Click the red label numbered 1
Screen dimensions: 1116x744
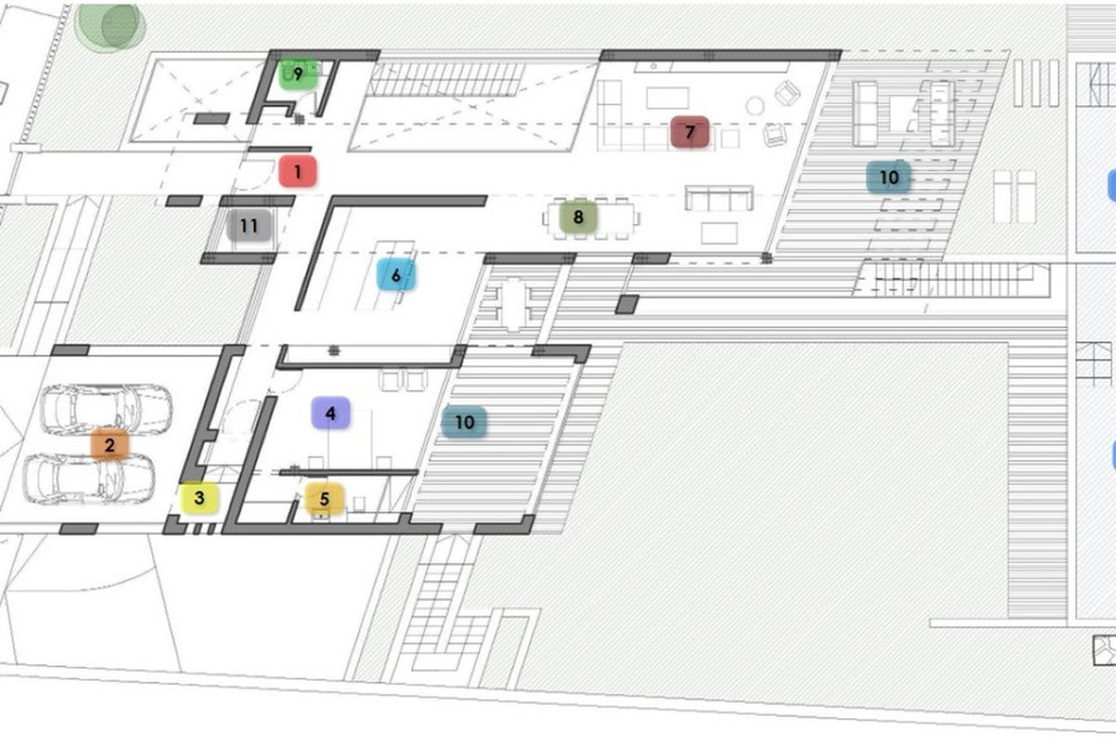pyautogui.click(x=298, y=171)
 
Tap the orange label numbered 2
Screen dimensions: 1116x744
pyautogui.click(x=110, y=445)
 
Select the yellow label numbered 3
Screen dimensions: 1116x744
pyautogui.click(x=199, y=498)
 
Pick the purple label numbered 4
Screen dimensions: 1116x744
pyautogui.click(x=330, y=413)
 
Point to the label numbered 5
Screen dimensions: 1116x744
pyautogui.click(x=325, y=498)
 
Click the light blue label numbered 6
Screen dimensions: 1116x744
pyautogui.click(x=396, y=274)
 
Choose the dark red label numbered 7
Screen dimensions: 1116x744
pyautogui.click(x=689, y=132)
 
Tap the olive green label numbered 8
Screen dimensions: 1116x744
pyautogui.click(x=578, y=217)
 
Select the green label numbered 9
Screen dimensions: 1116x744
pyautogui.click(x=298, y=74)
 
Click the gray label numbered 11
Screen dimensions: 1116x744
pyautogui.click(x=249, y=226)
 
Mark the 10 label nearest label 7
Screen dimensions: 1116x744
pyautogui.click(x=889, y=177)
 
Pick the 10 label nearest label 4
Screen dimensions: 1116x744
pyautogui.click(x=464, y=422)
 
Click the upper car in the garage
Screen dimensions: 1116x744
pyautogui.click(x=106, y=409)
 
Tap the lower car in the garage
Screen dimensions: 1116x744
pyautogui.click(x=89, y=479)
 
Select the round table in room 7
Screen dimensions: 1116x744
pyautogui.click(x=755, y=106)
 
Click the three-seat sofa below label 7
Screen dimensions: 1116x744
pyautogui.click(x=719, y=198)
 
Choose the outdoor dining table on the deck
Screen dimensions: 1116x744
pyautogui.click(x=513, y=305)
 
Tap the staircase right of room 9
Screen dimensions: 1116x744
pyautogui.click(x=446, y=80)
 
